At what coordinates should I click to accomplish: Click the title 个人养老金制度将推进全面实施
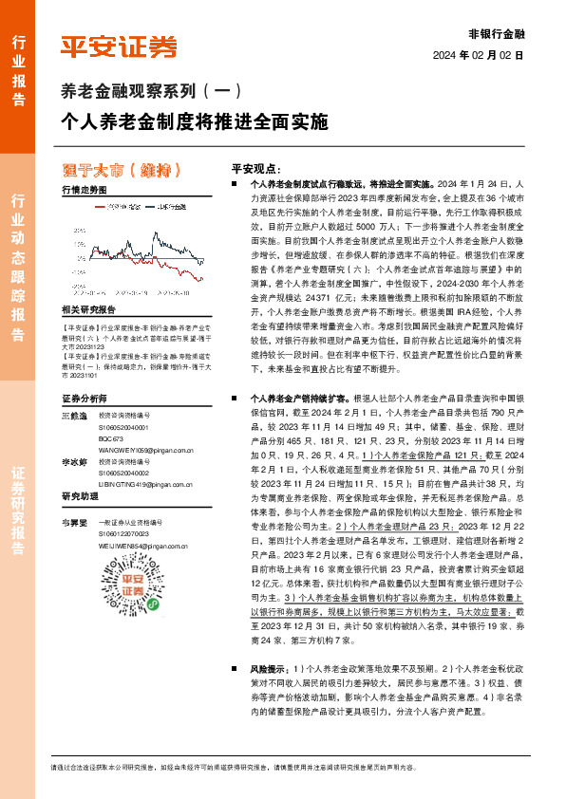coord(194,122)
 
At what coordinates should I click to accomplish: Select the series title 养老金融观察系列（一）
coord(151,92)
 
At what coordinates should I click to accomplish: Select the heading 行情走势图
coord(82,190)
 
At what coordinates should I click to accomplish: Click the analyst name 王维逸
coord(73,416)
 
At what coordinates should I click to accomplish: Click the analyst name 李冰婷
coord(73,461)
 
